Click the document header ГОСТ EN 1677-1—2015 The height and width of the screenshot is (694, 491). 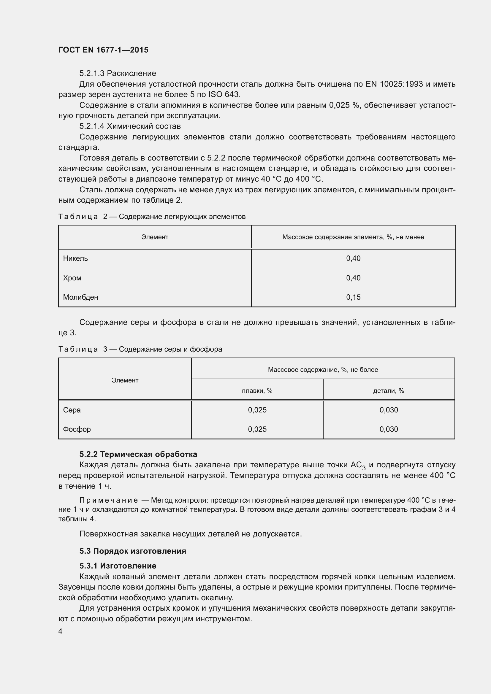click(x=103, y=50)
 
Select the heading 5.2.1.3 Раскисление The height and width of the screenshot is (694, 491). click(x=118, y=74)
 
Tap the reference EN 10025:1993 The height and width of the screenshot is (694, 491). click(x=394, y=84)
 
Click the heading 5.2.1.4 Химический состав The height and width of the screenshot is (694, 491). click(x=130, y=126)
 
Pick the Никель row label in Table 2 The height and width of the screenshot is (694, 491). click(x=75, y=258)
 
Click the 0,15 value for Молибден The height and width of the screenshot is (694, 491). click(x=353, y=297)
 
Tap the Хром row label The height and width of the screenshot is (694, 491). click(x=72, y=278)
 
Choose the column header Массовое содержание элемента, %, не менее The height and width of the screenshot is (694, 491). click(x=353, y=237)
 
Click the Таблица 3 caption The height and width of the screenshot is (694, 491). click(x=140, y=350)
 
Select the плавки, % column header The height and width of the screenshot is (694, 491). click(x=257, y=391)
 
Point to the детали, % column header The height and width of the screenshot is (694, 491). click(x=389, y=391)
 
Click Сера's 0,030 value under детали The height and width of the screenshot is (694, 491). click(x=389, y=410)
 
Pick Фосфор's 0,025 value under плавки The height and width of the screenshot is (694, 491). click(x=257, y=430)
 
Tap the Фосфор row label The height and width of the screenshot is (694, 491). click(x=77, y=430)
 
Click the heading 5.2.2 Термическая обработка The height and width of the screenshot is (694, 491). click(x=138, y=454)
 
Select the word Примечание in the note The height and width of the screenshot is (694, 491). click(x=109, y=500)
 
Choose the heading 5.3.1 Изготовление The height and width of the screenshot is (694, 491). click(x=118, y=566)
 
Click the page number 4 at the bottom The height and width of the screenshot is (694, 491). click(x=61, y=632)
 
